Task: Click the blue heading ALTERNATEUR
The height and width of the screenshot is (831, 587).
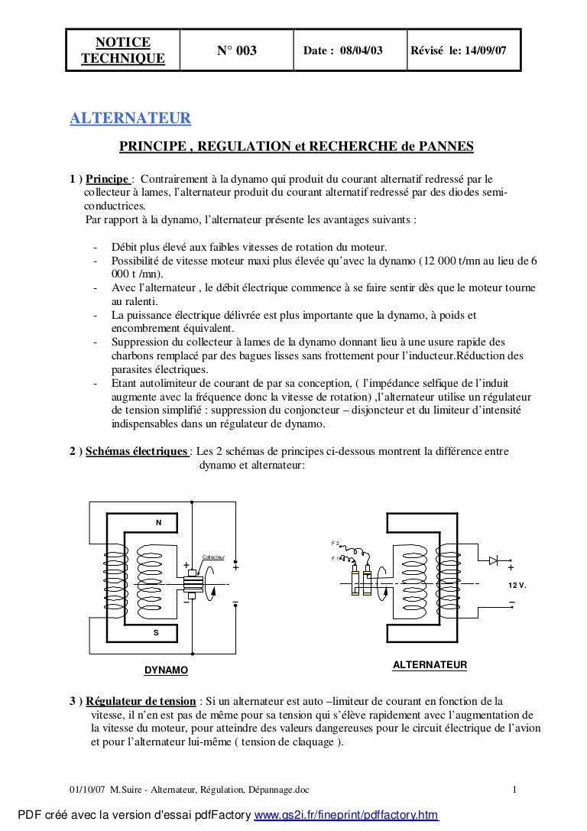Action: click(x=130, y=119)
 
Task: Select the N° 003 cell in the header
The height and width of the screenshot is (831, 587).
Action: click(x=237, y=51)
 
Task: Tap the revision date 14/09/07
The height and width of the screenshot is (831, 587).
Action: click(x=488, y=51)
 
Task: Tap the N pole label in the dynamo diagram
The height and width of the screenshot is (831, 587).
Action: click(x=158, y=523)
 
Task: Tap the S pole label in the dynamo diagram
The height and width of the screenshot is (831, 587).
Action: click(x=156, y=633)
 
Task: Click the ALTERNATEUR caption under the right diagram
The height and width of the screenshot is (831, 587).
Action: click(x=429, y=666)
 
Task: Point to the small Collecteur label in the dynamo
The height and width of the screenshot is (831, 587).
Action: click(x=213, y=557)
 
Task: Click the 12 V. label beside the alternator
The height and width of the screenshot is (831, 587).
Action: click(x=518, y=585)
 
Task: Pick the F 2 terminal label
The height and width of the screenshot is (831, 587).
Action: click(x=335, y=544)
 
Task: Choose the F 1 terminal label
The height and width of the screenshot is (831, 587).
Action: click(x=335, y=559)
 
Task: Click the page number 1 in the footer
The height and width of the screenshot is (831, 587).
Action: click(x=516, y=790)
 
